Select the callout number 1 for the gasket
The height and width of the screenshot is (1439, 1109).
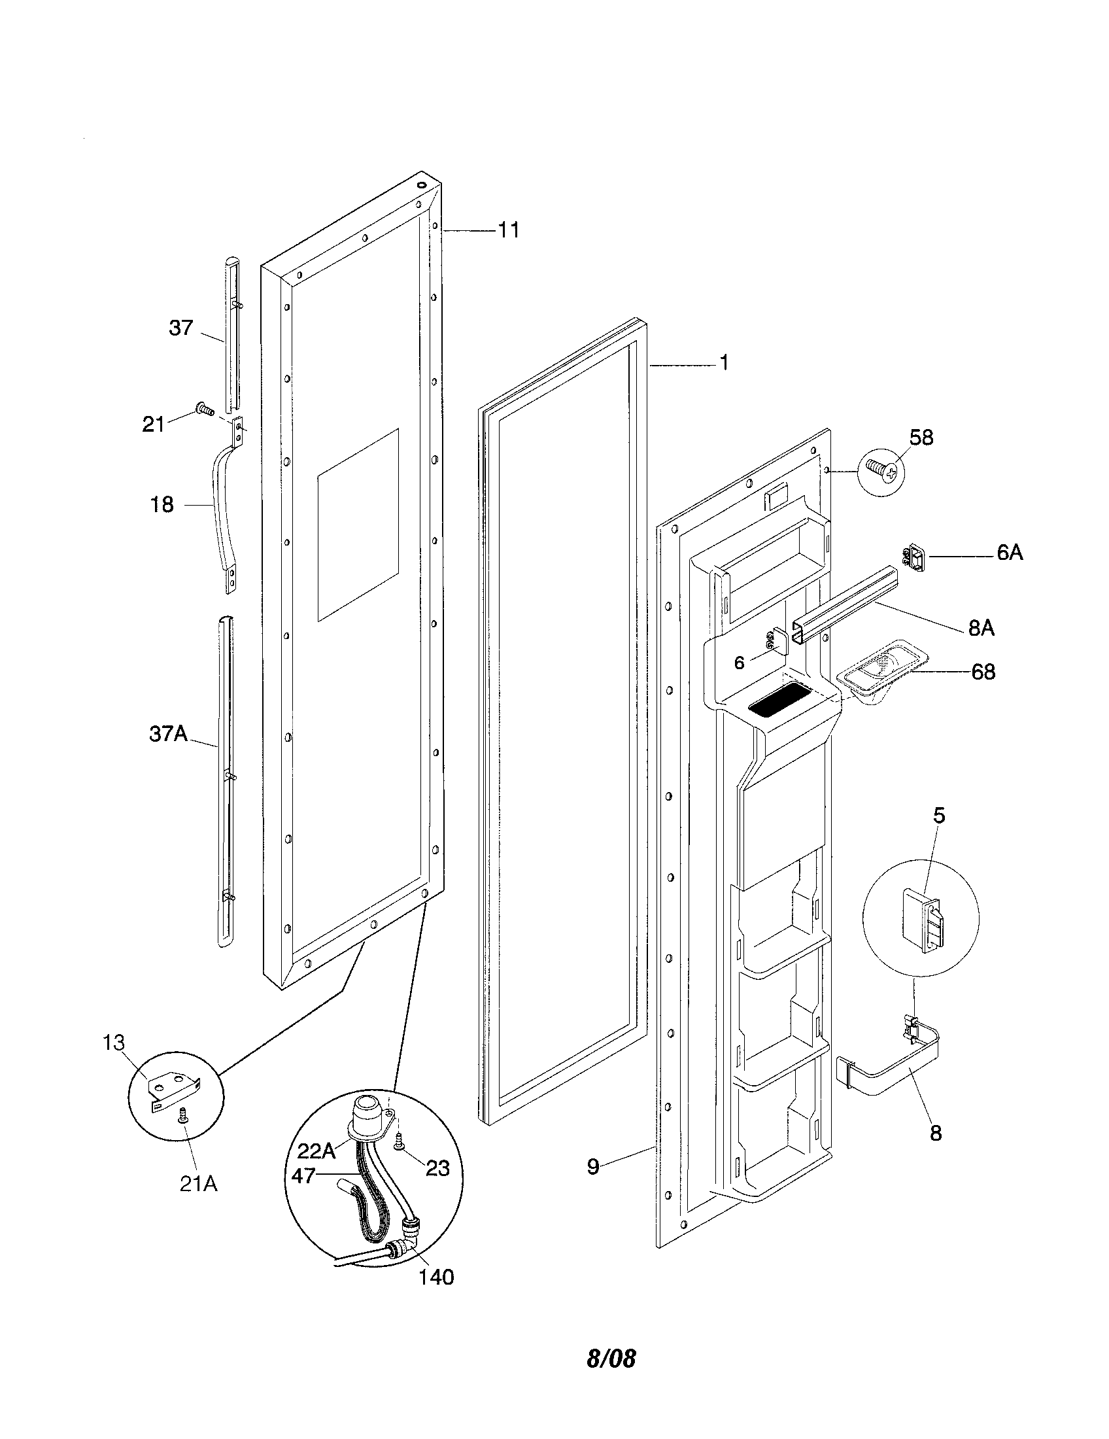724,363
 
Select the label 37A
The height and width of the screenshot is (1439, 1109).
168,733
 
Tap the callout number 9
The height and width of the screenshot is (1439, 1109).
593,1167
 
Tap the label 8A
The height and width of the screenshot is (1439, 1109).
981,629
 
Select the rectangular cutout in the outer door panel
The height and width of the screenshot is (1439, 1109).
358,525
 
